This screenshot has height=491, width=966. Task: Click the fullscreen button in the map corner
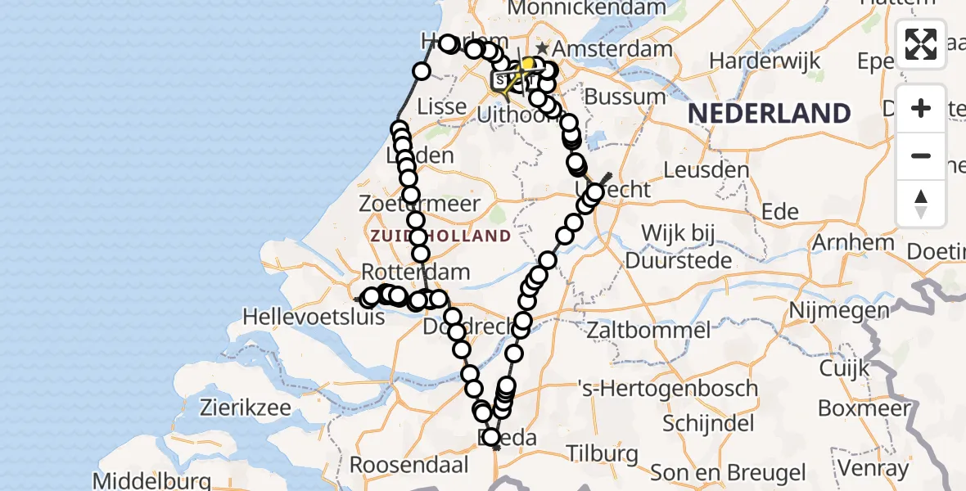(x=921, y=44)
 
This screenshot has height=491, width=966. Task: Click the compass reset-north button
(x=921, y=203)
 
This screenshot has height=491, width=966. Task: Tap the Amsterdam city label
(x=606, y=49)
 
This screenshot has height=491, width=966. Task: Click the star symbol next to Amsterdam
(x=542, y=49)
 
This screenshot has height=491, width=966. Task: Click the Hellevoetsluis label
(x=314, y=315)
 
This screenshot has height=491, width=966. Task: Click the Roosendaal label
(x=409, y=465)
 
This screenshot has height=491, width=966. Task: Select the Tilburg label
(x=602, y=453)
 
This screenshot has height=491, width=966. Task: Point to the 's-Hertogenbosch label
(x=667, y=388)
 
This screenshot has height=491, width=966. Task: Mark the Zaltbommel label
(x=648, y=331)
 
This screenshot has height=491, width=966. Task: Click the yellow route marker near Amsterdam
(x=528, y=63)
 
